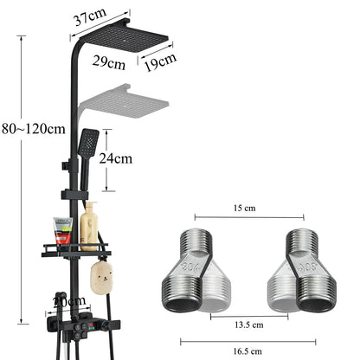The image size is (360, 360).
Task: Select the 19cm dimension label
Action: [160, 60]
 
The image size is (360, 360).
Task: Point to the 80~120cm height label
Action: [33, 129]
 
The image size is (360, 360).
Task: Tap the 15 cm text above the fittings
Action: [246, 209]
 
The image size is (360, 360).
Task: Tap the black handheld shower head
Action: [87, 144]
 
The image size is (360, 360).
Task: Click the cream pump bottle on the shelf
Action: [88, 227]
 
